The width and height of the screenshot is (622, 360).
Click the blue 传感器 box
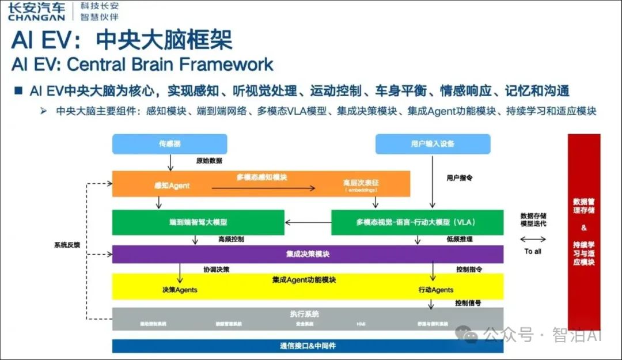click(169, 144)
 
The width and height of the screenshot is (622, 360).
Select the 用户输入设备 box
click(433, 144)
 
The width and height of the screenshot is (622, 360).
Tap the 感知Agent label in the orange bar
click(172, 185)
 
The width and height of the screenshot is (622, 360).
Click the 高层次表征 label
click(361, 183)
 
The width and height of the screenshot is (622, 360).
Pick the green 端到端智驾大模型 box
click(198, 222)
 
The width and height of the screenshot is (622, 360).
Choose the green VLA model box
click(417, 222)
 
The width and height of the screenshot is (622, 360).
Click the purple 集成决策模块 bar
click(308, 254)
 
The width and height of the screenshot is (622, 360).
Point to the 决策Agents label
click(180, 290)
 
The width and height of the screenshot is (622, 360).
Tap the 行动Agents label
click(435, 290)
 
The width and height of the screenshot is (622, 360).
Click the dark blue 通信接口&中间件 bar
click(308, 346)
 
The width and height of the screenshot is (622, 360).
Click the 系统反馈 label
click(67, 245)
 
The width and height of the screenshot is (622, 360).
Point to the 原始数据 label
click(208, 161)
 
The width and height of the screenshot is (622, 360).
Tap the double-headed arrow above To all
click(532, 239)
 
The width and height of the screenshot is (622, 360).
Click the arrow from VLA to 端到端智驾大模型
click(308, 222)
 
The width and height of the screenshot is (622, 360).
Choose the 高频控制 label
click(231, 239)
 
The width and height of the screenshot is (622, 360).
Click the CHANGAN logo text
click(36, 17)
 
